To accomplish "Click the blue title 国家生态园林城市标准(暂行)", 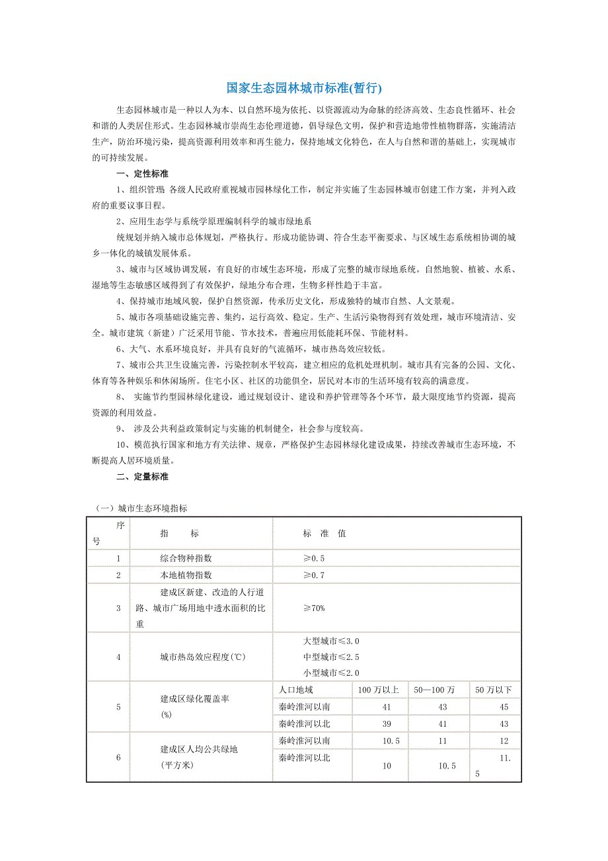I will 304,88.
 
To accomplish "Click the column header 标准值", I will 324,534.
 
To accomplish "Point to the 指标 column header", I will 179,534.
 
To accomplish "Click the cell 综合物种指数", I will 186,558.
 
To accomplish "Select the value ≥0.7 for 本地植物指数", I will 314,575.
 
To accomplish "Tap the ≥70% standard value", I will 314,608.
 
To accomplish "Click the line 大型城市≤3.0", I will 330,641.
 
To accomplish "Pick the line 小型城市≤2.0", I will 330,673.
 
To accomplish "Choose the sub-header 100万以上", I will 378,690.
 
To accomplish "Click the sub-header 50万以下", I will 494,690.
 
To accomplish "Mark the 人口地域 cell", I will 295,690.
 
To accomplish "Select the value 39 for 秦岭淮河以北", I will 387,724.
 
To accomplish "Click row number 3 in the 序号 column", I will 118,608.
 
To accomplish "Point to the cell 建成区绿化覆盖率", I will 195,699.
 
